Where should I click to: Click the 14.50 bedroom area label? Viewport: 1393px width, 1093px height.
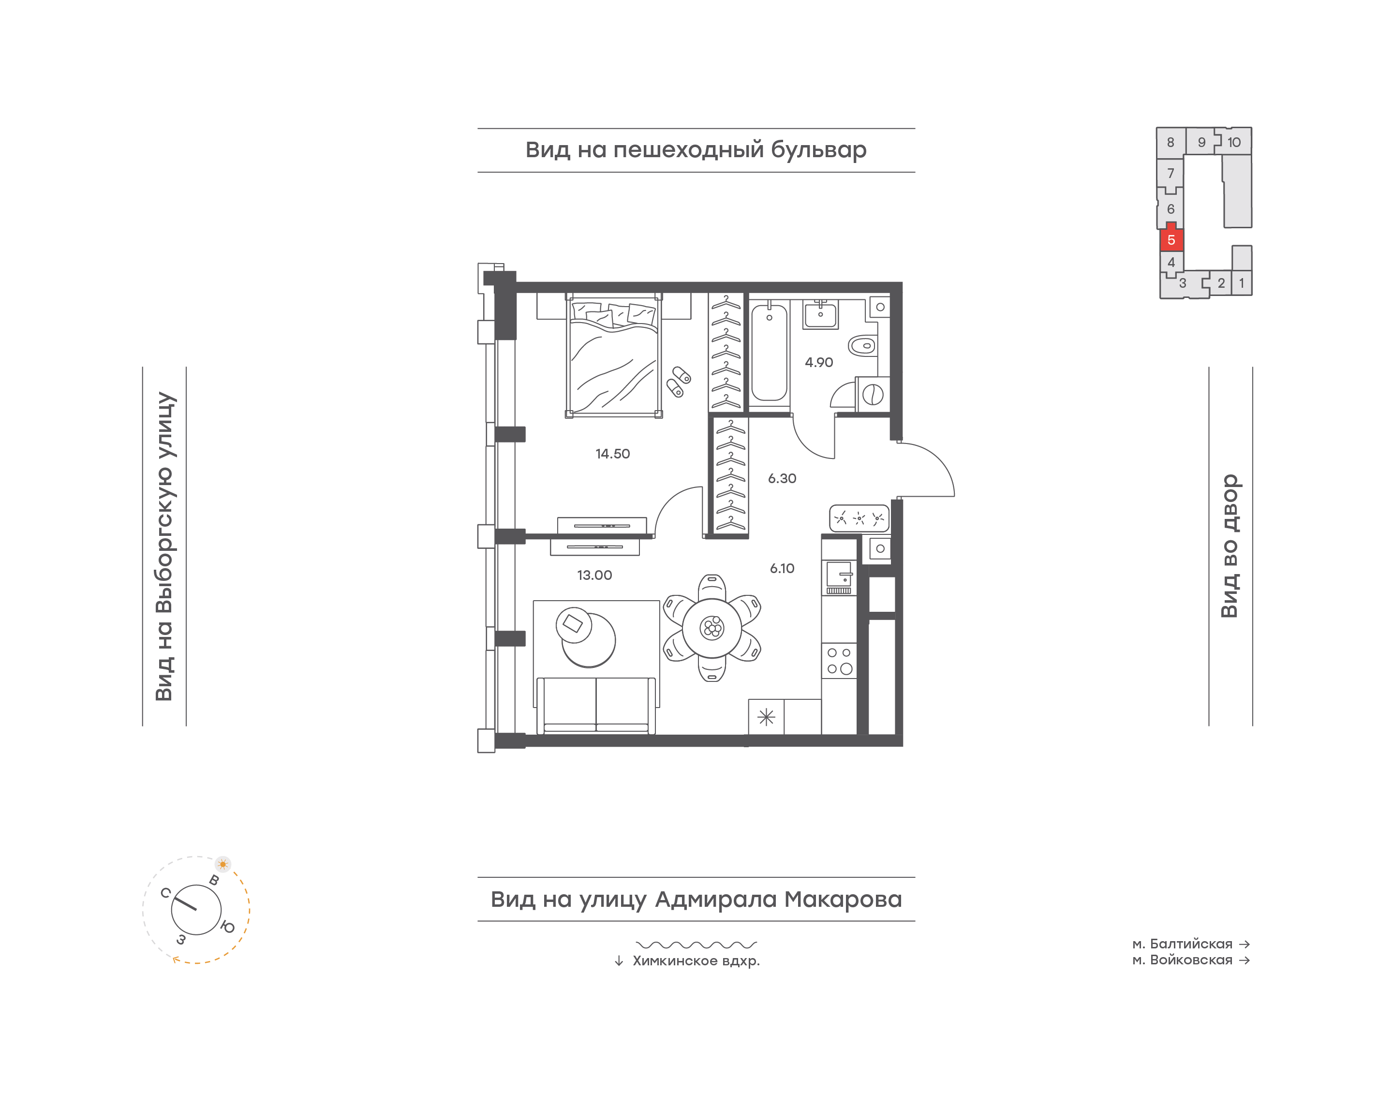click(612, 454)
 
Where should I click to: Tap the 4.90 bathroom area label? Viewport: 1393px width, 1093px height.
click(818, 362)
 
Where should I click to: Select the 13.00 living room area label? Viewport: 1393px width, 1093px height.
click(594, 575)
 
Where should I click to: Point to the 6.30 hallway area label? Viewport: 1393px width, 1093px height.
click(782, 478)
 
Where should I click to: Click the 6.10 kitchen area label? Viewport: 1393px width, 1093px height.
click(782, 568)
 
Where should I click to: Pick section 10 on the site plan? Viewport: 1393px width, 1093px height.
click(1234, 142)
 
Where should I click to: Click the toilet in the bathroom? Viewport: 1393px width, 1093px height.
click(862, 346)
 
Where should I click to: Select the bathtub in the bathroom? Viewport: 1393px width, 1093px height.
click(769, 354)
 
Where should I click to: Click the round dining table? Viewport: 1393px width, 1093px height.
click(711, 628)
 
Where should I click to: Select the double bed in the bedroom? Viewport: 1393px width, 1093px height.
click(614, 354)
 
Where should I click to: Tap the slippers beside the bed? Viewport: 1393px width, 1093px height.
click(678, 382)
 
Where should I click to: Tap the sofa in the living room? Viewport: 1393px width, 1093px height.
click(596, 706)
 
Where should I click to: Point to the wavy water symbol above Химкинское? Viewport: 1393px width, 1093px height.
click(696, 945)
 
